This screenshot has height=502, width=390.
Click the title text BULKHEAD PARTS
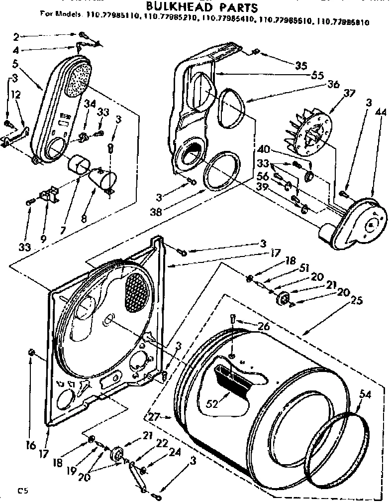pos(201,7)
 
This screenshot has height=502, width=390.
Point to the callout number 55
pos(317,76)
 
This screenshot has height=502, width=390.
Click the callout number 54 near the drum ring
pos(366,395)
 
